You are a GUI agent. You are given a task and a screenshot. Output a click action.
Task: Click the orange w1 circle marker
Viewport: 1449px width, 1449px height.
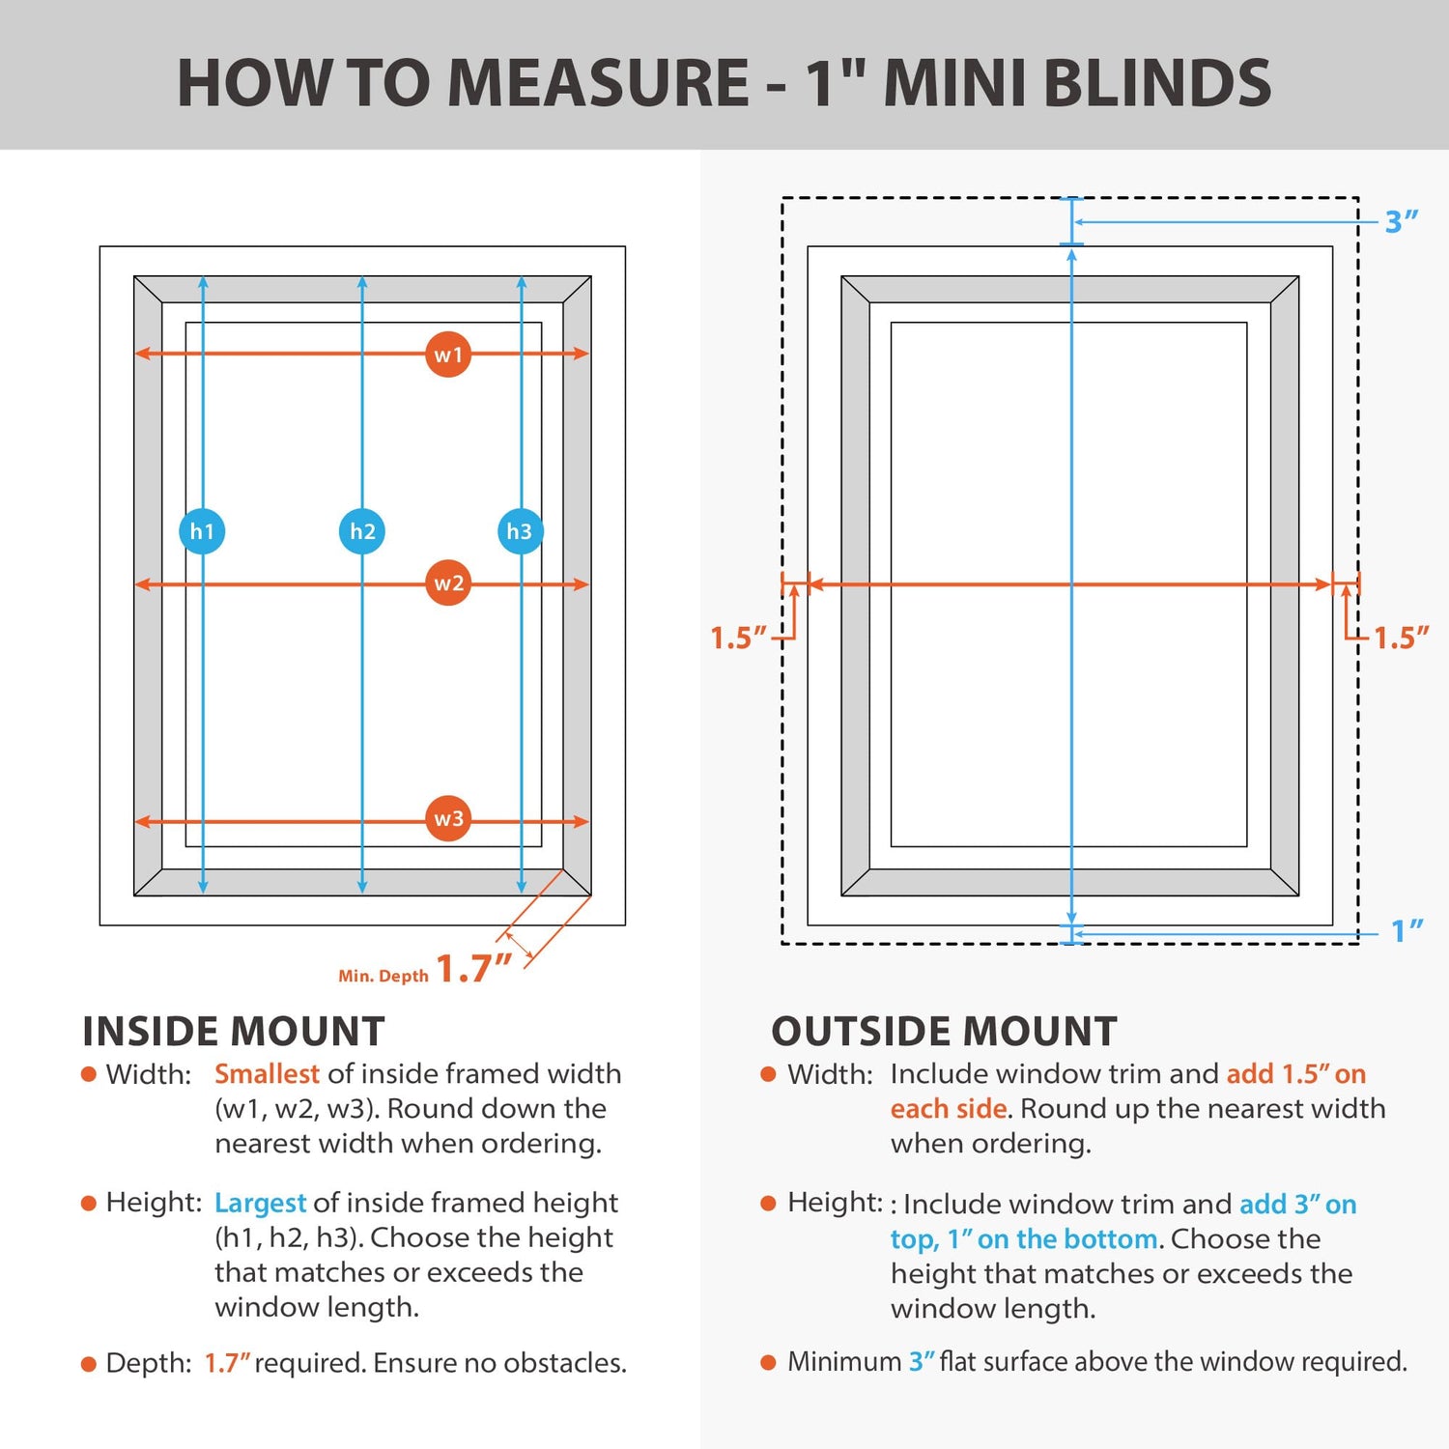[x=448, y=355]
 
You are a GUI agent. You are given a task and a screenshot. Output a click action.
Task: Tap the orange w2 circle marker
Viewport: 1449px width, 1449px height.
[x=448, y=583]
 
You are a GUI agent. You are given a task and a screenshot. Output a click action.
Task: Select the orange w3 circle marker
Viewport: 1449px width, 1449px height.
[x=448, y=819]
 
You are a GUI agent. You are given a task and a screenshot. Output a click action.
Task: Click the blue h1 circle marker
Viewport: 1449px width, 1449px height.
[x=202, y=531]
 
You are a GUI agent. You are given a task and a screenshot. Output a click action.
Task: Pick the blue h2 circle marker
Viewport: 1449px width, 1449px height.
[x=362, y=531]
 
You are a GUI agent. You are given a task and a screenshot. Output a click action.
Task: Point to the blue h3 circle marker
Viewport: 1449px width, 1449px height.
[x=520, y=531]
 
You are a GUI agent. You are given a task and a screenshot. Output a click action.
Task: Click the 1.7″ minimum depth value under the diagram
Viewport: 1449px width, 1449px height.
[x=473, y=968]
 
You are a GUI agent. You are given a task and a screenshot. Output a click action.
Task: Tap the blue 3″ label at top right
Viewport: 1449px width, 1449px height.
[x=1401, y=222]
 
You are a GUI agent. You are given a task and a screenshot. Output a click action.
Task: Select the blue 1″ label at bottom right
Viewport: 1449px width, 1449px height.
[x=1406, y=931]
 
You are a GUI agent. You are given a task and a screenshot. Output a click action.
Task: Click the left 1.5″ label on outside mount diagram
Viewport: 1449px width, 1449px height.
[x=738, y=638]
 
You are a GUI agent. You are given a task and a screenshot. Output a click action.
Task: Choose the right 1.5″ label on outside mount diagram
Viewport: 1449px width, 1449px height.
[x=1401, y=638]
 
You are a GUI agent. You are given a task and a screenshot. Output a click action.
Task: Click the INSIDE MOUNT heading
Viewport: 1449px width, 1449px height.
[x=234, y=1032]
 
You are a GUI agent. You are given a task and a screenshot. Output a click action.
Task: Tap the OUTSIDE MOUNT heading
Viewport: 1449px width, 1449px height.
[x=944, y=1032]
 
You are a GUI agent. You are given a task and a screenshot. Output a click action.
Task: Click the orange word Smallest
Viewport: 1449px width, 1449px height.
[x=267, y=1074]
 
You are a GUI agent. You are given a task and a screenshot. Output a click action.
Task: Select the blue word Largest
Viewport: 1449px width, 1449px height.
[x=260, y=1203]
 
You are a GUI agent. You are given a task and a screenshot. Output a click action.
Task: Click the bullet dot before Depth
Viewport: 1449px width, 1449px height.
[x=89, y=1364]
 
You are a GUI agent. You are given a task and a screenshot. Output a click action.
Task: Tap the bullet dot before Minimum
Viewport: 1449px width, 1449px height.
[x=769, y=1362]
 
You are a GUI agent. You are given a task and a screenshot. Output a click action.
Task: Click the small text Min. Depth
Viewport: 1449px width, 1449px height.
[x=383, y=977]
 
